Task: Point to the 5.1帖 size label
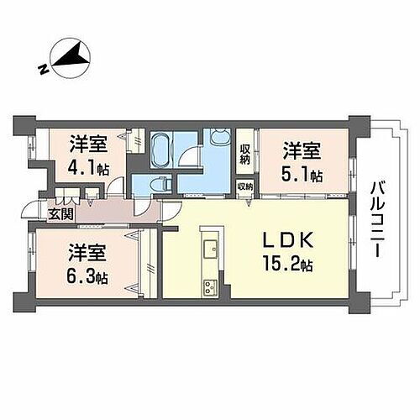click(x=303, y=176)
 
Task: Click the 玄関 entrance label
click(x=61, y=213)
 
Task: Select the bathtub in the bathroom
click(x=162, y=150)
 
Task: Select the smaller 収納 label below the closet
click(x=245, y=186)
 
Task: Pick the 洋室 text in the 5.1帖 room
click(x=301, y=152)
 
